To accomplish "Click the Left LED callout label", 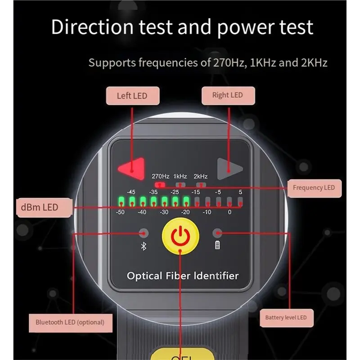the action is click(x=133, y=96).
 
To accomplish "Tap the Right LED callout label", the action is click(x=228, y=95).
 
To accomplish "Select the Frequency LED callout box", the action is click(x=314, y=188).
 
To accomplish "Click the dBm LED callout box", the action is click(x=44, y=207).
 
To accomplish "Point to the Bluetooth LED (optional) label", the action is click(x=71, y=323).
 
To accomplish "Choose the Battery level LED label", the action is click(x=287, y=318).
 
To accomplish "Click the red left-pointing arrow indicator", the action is click(x=131, y=169).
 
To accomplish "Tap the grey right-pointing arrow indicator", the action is click(x=229, y=169).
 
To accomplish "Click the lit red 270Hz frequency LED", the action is click(x=160, y=184).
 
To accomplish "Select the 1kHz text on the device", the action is click(x=180, y=176).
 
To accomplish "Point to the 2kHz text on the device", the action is click(x=200, y=176).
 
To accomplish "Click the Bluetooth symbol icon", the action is click(x=144, y=246).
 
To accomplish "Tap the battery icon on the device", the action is click(x=217, y=245).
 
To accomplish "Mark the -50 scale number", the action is click(x=120, y=212).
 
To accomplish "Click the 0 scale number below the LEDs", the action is click(x=229, y=212).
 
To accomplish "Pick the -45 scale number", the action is click(x=131, y=192).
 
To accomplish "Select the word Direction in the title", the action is click(x=92, y=27).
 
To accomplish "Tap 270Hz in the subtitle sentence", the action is click(x=229, y=63).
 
